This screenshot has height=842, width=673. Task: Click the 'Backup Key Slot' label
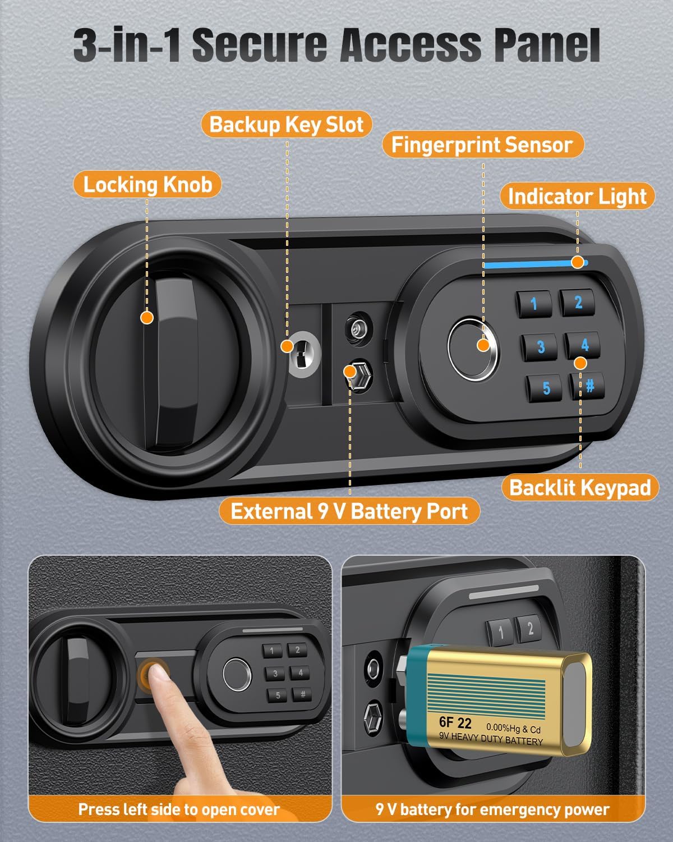coord(287,124)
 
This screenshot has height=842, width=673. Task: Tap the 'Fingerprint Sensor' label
coord(482,145)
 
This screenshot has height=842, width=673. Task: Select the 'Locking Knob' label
coord(147,184)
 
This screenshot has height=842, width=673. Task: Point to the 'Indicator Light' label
coord(577,196)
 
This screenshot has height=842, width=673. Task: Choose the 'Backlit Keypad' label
coord(580,487)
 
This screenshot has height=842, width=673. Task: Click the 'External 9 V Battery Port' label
coord(349,511)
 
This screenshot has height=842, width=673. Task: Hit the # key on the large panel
coord(589,386)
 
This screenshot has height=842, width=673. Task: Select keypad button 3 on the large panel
coord(540,347)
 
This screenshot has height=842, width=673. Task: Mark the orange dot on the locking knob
coord(147,318)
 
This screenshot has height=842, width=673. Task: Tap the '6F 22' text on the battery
coord(455,722)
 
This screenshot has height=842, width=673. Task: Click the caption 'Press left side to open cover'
coord(179,809)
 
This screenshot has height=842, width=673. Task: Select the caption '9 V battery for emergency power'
coord(492,809)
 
